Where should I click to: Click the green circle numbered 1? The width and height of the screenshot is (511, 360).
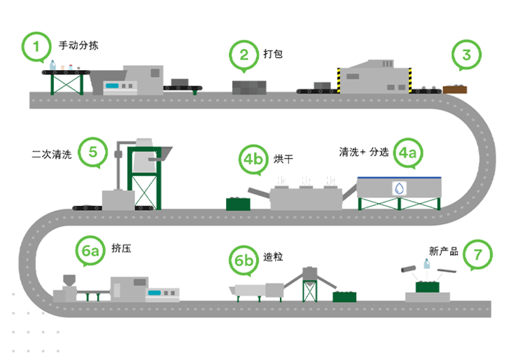[x=37, y=46]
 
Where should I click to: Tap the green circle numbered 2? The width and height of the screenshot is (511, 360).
[x=244, y=54]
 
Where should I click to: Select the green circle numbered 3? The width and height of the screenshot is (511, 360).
[x=467, y=53]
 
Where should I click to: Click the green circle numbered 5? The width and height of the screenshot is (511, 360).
[x=92, y=151]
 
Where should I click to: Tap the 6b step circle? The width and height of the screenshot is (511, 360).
[x=244, y=260]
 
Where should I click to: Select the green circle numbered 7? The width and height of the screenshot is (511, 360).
[x=478, y=254]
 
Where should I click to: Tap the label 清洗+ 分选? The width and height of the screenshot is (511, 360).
[x=363, y=151]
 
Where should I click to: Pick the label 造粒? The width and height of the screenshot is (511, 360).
[x=273, y=257]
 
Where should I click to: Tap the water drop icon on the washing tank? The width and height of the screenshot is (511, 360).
[x=398, y=188]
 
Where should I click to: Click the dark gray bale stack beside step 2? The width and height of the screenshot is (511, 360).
[x=250, y=88]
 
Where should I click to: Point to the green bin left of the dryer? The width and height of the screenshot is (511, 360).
[x=238, y=204]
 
